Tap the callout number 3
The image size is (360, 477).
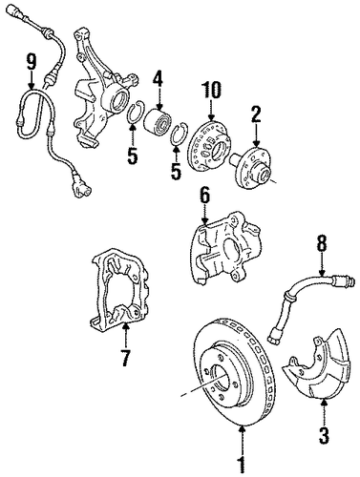[x=324, y=435]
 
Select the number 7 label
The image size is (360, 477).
[x=125, y=358]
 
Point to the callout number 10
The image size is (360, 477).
[x=211, y=90]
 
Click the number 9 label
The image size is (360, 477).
[x=32, y=61]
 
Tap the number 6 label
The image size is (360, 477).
[x=204, y=196]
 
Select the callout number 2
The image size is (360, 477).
[x=257, y=114]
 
